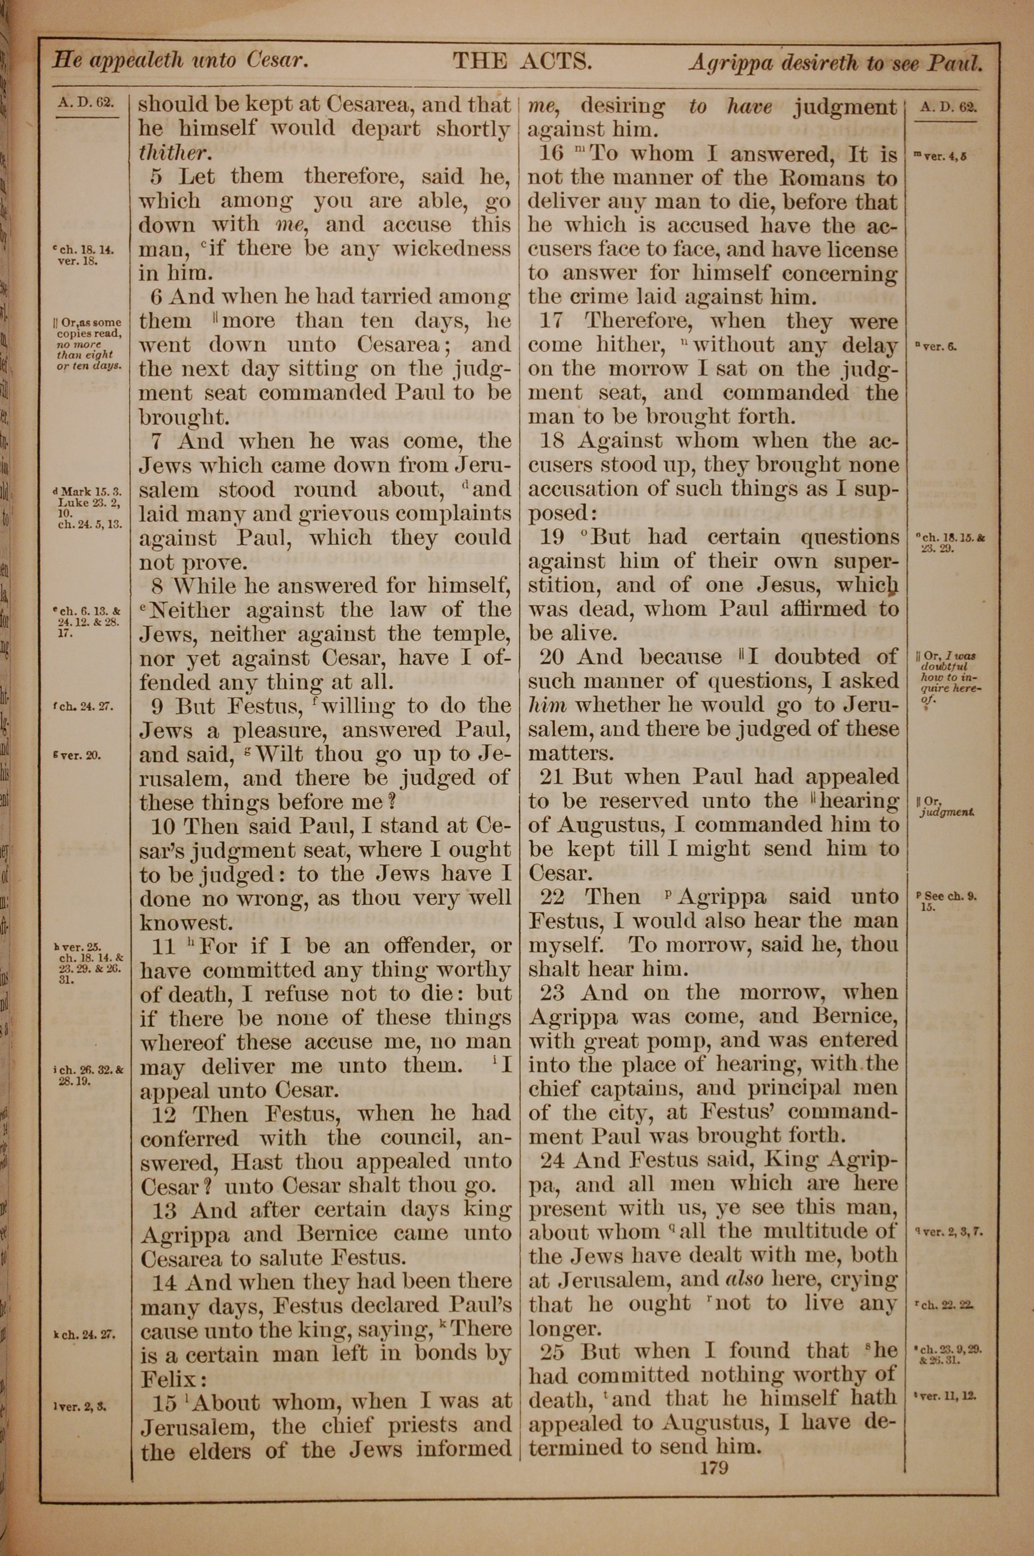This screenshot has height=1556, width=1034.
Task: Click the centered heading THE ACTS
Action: pos(522,62)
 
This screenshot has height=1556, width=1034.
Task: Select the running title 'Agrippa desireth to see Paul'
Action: pos(835,63)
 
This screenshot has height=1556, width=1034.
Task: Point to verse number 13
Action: pos(165,1210)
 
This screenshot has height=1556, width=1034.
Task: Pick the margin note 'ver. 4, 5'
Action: pos(941,157)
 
